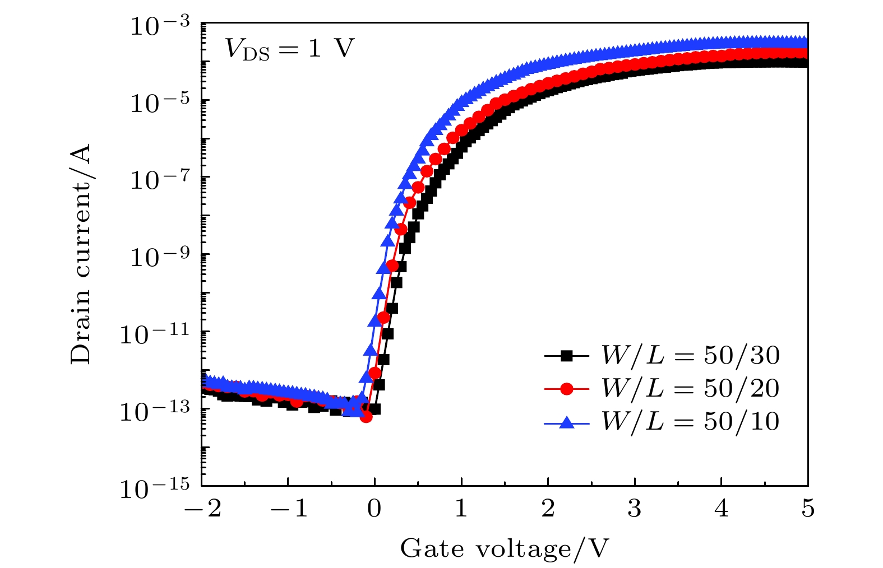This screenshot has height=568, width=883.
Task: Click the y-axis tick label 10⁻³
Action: click(160, 26)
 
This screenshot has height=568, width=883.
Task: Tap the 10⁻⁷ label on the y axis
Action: click(160, 180)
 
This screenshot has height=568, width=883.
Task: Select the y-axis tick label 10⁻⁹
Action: click(160, 257)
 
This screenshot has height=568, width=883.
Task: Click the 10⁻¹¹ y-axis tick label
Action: click(155, 334)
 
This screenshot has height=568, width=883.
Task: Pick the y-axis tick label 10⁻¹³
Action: click(155, 412)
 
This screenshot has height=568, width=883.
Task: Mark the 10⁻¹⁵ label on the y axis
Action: click(155, 488)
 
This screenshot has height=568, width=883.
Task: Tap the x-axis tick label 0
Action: click(375, 509)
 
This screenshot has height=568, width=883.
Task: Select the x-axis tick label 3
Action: click(635, 509)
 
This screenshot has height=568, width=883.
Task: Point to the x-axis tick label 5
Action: click(808, 509)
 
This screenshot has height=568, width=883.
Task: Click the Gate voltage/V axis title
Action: click(504, 548)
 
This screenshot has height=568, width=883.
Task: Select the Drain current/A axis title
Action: click(81, 254)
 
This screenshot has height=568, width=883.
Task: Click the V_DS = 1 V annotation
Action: click(289, 49)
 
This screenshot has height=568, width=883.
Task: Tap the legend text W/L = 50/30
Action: click(690, 355)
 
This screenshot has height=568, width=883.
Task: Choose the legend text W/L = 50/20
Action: click(690, 388)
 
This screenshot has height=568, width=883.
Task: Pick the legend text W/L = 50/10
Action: click(690, 421)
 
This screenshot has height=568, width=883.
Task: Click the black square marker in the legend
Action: click(567, 355)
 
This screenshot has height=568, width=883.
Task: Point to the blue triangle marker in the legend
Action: click(567, 422)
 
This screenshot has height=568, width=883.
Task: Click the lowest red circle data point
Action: click(366, 416)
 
